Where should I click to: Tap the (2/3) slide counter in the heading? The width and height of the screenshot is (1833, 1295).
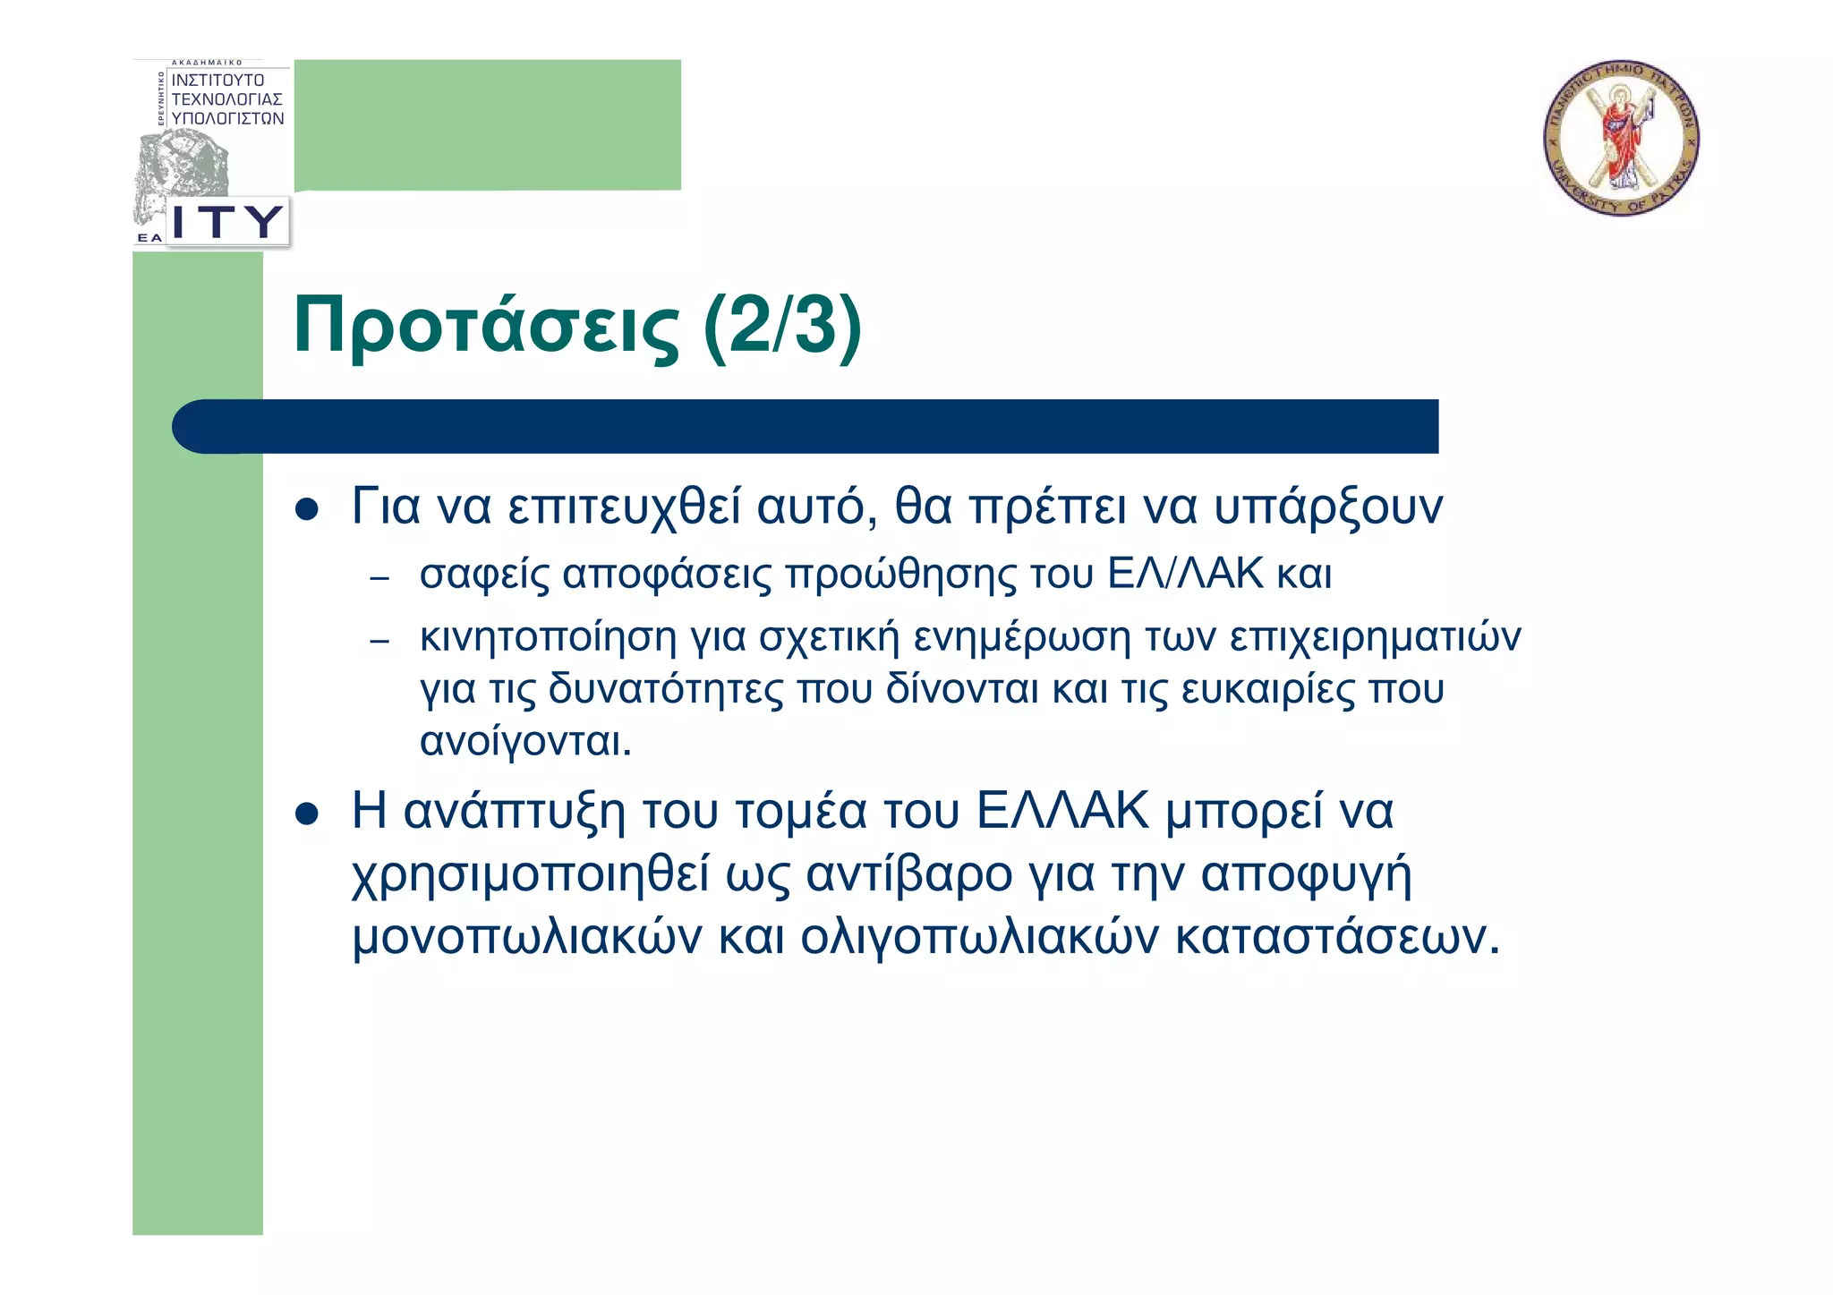782,327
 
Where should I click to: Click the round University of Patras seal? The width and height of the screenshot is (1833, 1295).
1621,138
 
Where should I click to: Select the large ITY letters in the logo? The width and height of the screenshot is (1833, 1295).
227,221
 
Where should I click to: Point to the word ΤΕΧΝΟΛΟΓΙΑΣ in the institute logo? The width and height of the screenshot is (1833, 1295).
226,99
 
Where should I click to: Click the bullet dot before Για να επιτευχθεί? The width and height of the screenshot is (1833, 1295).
307,509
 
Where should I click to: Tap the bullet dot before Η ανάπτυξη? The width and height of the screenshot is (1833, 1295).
307,814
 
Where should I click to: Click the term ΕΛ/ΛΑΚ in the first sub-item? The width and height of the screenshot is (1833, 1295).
1185,574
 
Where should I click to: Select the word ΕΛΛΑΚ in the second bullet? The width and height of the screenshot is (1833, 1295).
1061,812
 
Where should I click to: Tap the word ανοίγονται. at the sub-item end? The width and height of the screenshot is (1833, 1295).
525,741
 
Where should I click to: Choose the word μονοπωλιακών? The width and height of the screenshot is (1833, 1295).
527,937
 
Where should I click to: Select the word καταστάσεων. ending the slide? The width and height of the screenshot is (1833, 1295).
1336,937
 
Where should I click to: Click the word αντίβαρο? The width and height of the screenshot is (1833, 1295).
909,874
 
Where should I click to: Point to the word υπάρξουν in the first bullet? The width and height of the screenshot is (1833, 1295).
1327,507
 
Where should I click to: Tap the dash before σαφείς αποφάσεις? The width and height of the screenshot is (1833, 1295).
379,578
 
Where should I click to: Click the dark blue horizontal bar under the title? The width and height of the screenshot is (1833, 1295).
806,426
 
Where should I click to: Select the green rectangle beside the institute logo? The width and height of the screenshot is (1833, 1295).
488,124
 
